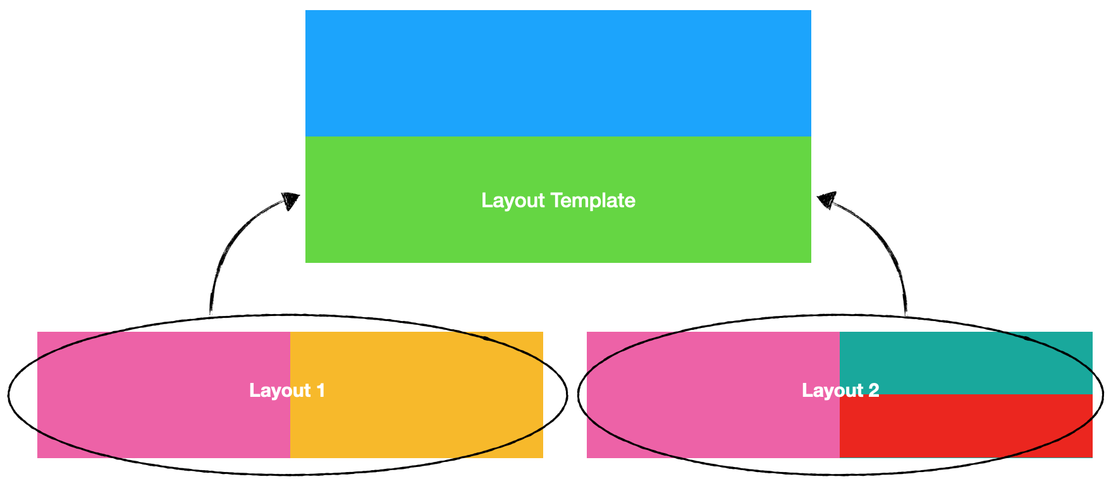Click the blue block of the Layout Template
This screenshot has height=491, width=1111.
point(558,73)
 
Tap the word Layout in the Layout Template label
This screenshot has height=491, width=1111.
point(513,201)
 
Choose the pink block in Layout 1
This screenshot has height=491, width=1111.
point(164,395)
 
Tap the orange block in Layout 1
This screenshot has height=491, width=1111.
point(417,395)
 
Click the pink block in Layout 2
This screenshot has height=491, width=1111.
point(713,395)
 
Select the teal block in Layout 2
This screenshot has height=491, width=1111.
point(966,363)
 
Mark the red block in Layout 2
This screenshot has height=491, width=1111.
point(966,426)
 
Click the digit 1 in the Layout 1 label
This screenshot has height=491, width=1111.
point(321,391)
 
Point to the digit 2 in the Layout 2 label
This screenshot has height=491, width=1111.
point(873,391)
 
